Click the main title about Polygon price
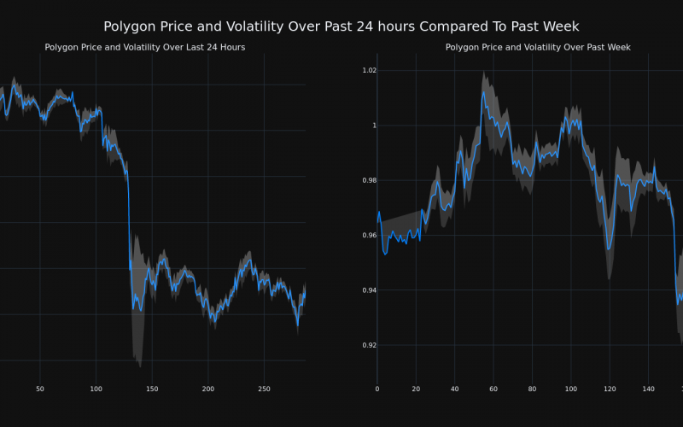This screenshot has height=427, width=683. [341, 26]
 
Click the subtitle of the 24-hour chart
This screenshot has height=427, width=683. [145, 47]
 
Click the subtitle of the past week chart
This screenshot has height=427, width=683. [538, 47]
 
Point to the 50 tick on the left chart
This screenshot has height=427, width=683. [40, 389]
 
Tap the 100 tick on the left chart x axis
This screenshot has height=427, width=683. [96, 389]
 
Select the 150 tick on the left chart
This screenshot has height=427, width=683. [152, 389]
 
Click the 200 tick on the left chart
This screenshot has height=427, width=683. [208, 389]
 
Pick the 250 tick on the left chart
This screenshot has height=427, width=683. [264, 389]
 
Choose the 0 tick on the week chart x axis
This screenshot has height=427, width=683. [377, 389]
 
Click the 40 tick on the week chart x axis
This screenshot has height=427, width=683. [454, 389]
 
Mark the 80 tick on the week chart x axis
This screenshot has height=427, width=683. [532, 389]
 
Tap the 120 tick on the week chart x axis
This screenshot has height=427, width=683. [609, 389]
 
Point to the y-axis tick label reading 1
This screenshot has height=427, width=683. [371, 126]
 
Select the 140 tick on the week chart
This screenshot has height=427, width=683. [647, 389]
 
